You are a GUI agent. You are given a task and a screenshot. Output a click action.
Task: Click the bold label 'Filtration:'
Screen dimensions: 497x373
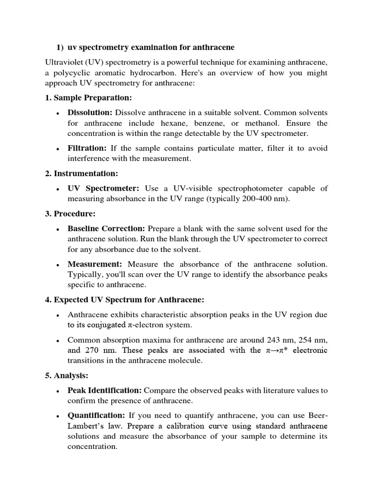pyautogui.click(x=87, y=148)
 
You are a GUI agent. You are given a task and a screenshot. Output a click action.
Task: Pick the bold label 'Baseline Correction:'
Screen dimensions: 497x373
pyautogui.click(x=106, y=228)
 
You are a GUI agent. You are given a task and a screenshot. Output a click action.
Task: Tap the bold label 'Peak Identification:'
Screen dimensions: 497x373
pyautogui.click(x=104, y=390)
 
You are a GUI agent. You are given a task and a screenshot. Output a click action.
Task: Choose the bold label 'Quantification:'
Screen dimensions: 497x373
pyautogui.click(x=97, y=415)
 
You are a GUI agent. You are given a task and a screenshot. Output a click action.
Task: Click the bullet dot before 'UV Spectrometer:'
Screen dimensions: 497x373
pyautogui.click(x=58, y=189)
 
